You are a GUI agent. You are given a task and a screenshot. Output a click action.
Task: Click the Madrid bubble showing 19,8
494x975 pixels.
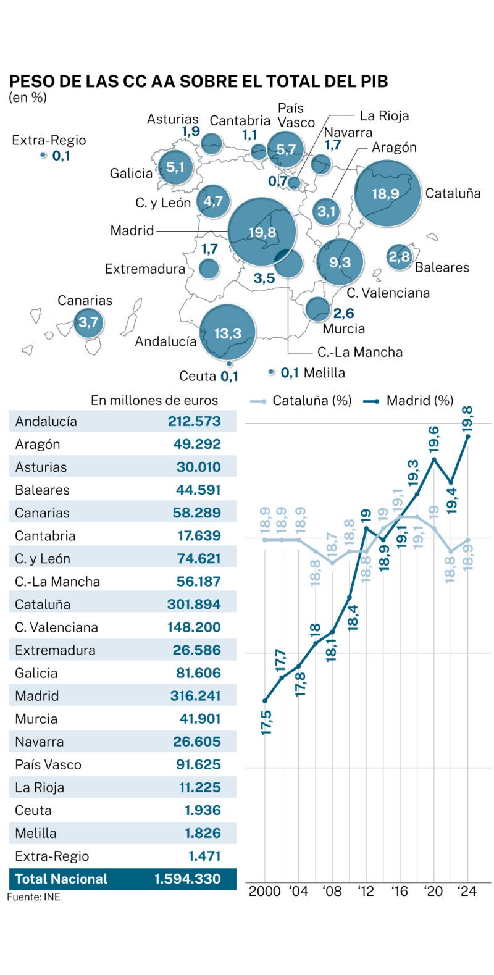262,232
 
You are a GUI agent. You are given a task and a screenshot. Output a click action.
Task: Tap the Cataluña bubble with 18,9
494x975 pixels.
387,193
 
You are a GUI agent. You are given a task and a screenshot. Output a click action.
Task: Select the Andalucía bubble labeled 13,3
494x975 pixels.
227,333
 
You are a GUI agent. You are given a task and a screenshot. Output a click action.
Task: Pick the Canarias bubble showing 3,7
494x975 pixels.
88,322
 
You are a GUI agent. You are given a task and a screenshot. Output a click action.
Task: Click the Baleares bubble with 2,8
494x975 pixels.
400,256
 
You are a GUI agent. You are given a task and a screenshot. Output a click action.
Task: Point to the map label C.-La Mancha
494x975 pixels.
359,352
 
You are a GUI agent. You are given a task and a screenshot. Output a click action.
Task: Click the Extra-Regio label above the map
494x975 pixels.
49,140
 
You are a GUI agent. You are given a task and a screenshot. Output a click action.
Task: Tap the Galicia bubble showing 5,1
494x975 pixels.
175,167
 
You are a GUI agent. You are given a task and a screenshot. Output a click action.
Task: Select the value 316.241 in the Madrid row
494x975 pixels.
195,696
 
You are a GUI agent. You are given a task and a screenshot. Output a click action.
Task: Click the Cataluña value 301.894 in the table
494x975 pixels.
193,605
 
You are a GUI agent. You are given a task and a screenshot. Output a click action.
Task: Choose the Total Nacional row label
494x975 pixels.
61,879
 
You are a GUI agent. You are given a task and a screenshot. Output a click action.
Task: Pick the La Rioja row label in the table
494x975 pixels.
40,787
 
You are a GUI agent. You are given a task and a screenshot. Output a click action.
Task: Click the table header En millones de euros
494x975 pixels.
154,400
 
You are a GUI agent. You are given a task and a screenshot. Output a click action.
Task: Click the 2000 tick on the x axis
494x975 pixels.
264,891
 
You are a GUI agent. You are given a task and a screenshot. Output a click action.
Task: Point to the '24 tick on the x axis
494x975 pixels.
467,891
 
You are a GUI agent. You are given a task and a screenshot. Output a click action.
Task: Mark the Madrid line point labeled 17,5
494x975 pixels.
265,700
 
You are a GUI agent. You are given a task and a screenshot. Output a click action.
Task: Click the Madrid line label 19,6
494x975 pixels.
433,439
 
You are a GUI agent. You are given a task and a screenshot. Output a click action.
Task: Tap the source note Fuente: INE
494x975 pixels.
34,897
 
